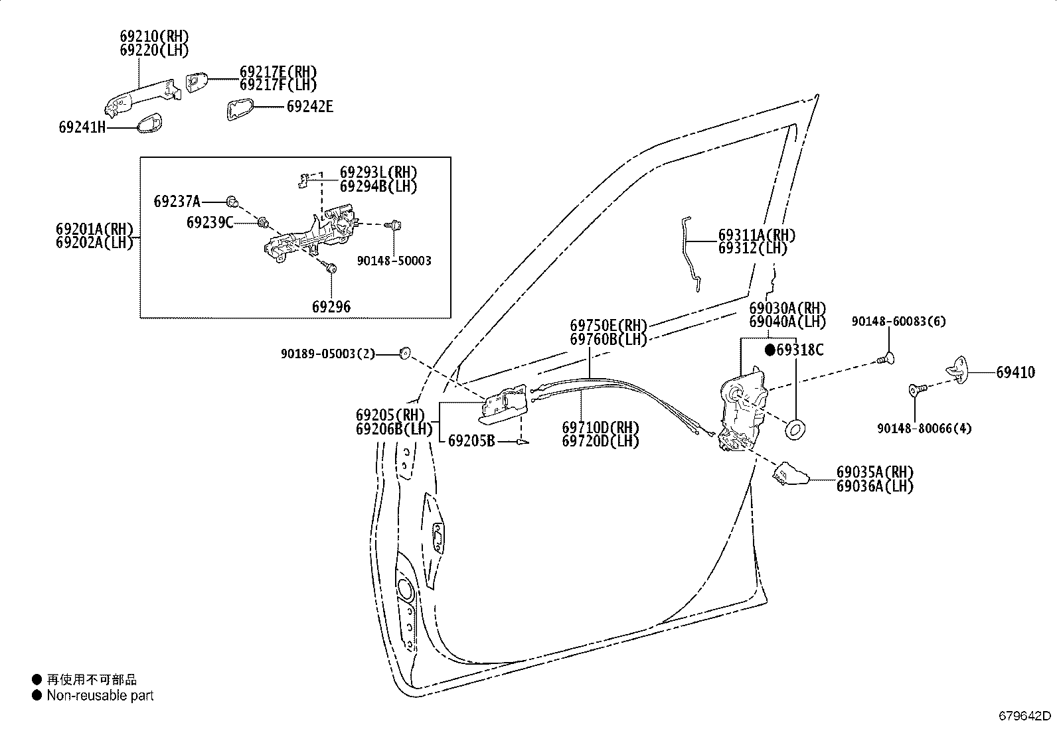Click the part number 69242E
[x=310, y=107]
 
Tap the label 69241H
[x=82, y=127]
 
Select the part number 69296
[x=331, y=307]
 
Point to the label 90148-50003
[x=394, y=261]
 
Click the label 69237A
[x=177, y=202]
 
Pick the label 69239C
[x=210, y=223]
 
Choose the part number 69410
[x=1015, y=373]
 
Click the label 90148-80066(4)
[x=924, y=429]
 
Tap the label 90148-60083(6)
[x=899, y=322]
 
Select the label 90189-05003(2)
[x=328, y=354]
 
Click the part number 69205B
[x=471, y=441]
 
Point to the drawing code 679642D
[x=1024, y=716]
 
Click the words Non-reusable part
[x=100, y=696]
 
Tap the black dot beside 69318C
[x=770, y=350]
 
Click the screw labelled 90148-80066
[x=917, y=390]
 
